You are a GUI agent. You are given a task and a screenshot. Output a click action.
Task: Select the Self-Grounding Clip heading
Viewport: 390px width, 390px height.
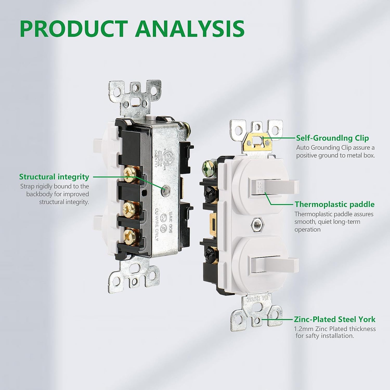point(332,138)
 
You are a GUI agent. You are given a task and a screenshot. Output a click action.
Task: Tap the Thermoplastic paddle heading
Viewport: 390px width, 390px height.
point(334,204)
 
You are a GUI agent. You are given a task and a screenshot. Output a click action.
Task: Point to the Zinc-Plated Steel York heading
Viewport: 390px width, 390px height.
point(335,319)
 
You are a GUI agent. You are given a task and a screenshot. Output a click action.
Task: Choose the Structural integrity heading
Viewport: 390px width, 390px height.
point(54,177)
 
